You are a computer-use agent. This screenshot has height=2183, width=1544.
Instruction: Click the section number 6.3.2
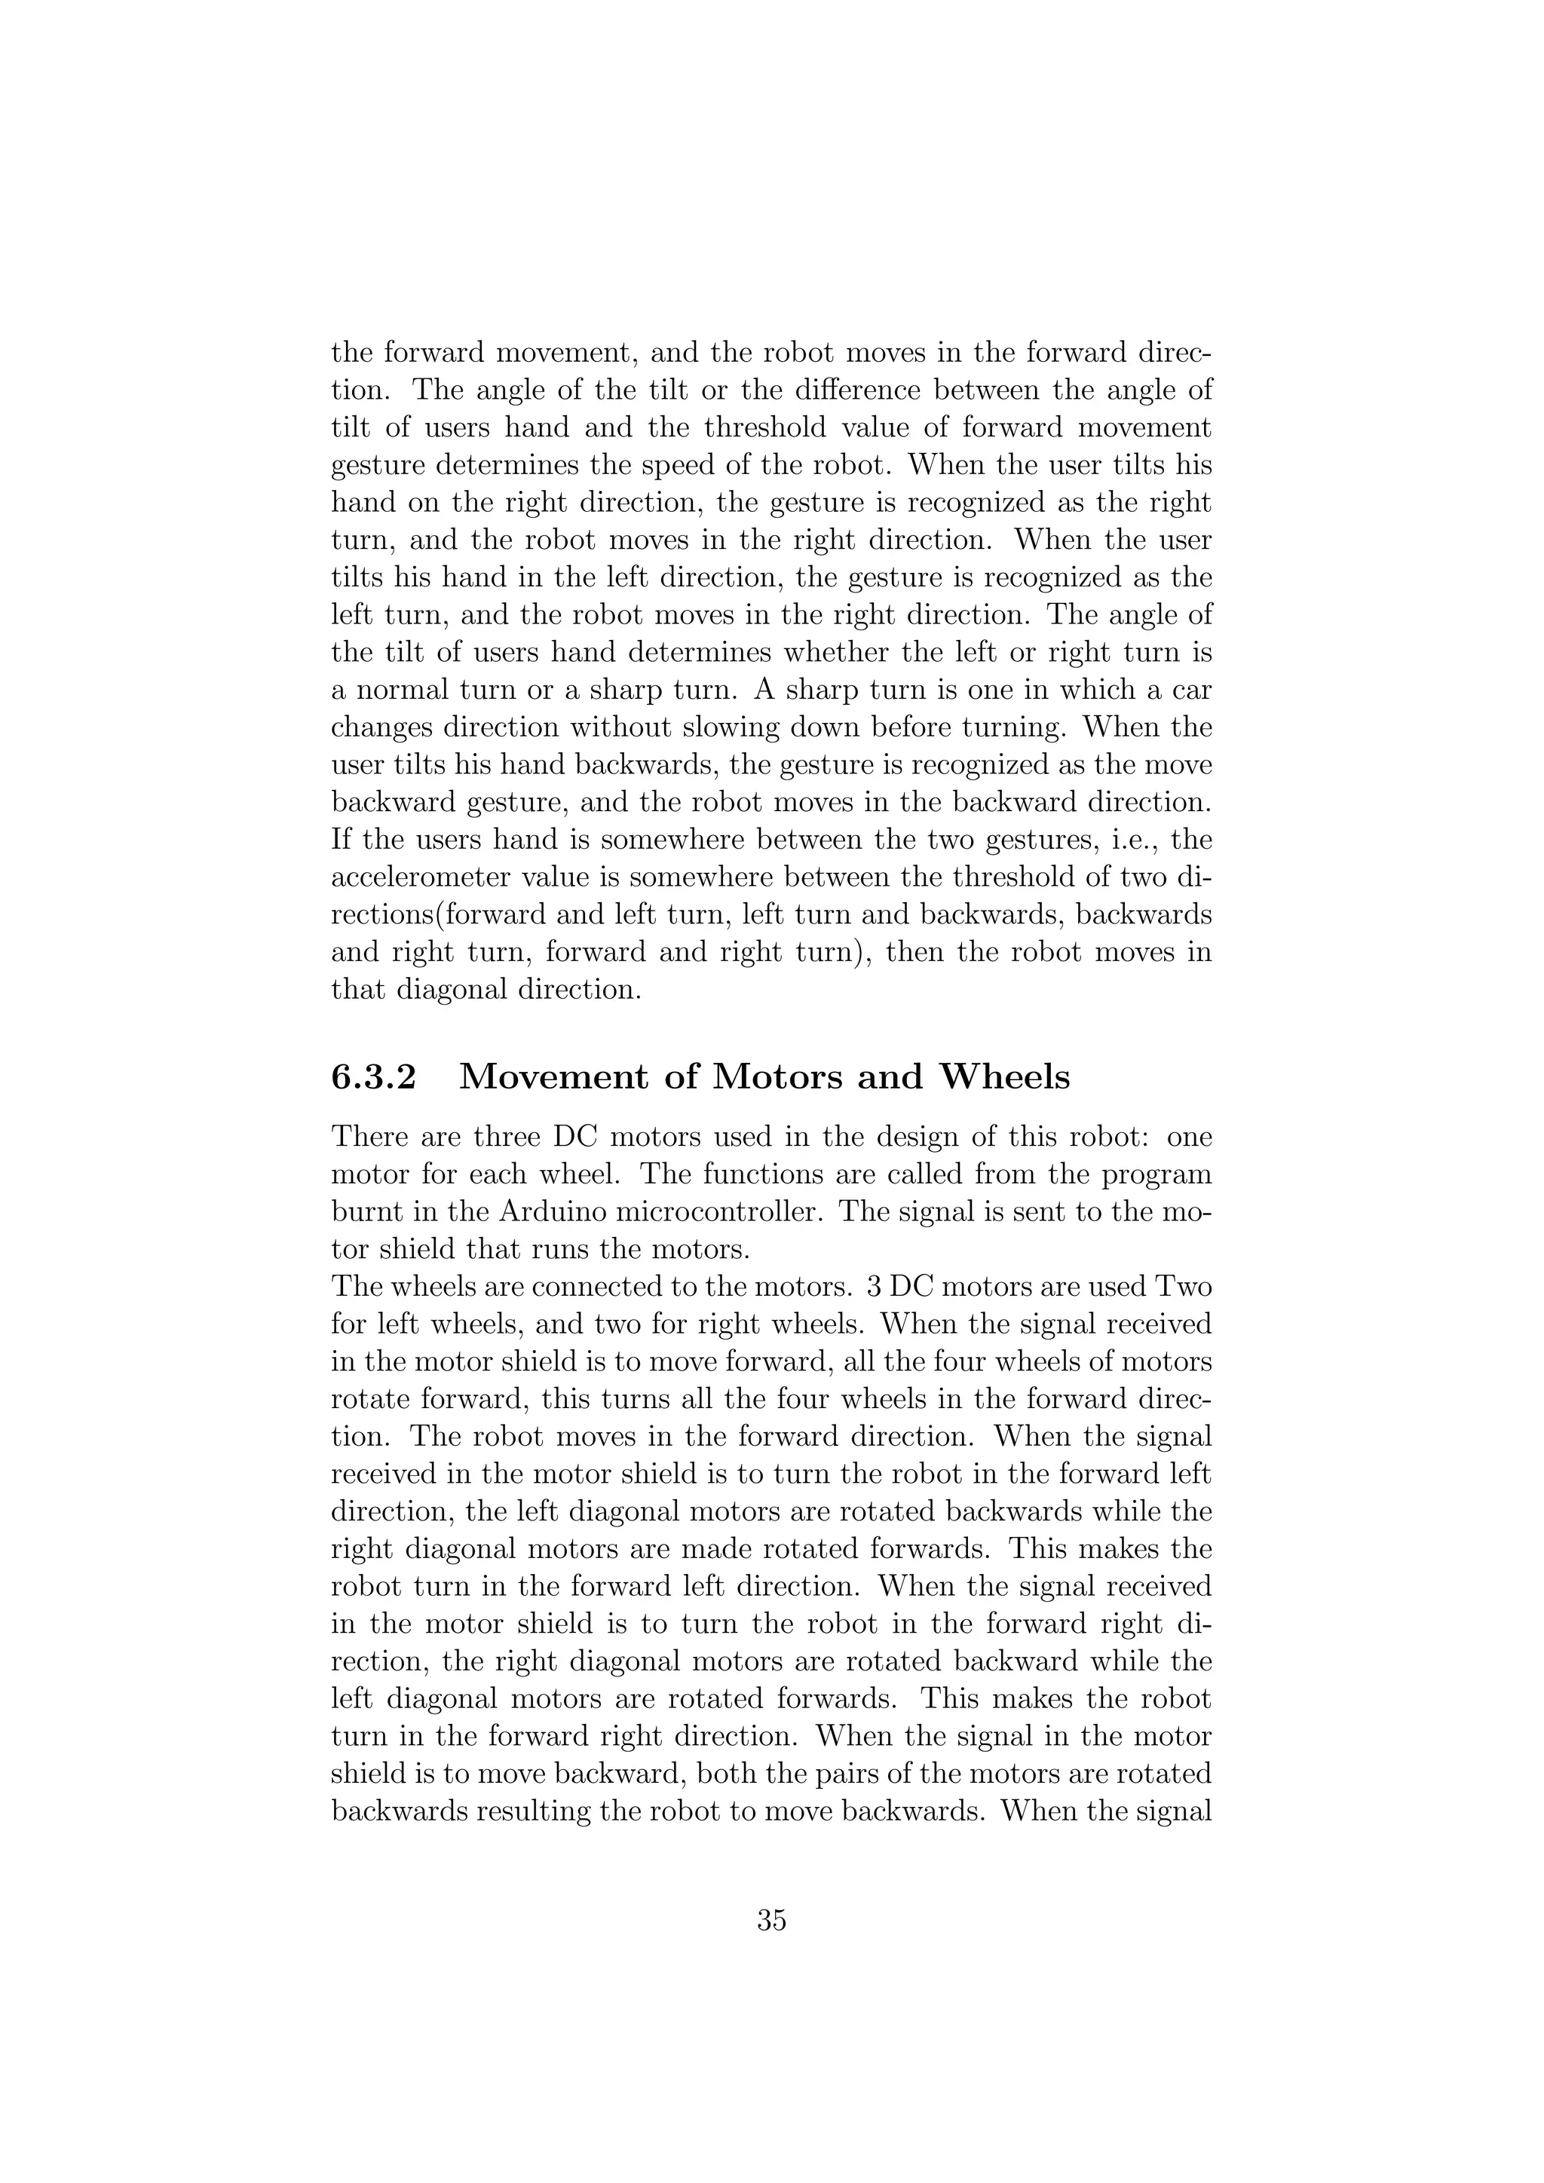click(x=374, y=1077)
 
